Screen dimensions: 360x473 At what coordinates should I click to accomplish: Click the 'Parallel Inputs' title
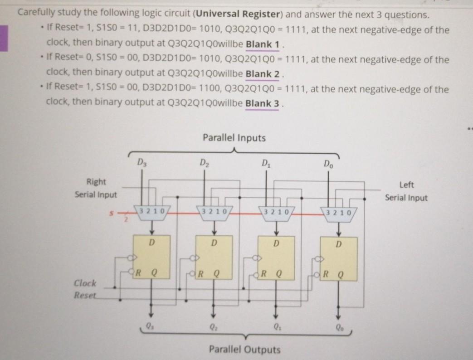point(234,137)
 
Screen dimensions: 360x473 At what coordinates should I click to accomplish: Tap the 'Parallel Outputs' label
point(244,350)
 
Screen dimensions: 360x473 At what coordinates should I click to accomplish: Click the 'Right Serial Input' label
point(96,188)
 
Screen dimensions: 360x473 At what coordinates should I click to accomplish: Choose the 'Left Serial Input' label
point(405,191)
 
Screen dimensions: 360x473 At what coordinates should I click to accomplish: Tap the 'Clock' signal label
point(85,283)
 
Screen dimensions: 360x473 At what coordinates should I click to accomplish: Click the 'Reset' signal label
point(85,295)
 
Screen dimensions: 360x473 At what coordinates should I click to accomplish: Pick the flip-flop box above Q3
point(151,257)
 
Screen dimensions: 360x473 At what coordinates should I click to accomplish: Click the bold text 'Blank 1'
point(261,46)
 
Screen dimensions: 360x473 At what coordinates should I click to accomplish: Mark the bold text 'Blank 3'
point(262,103)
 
